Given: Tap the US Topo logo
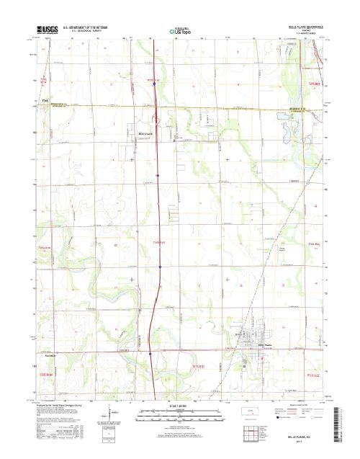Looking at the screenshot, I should (180, 32).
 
